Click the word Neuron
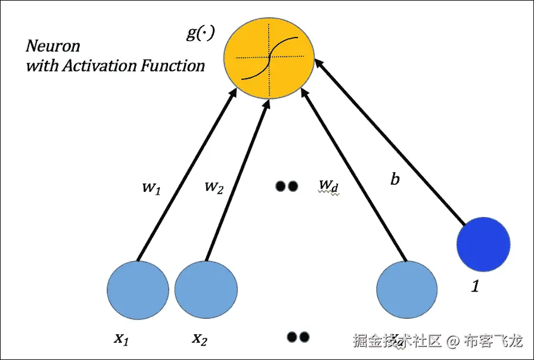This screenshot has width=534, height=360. click(53, 46)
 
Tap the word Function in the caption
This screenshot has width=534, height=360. click(173, 65)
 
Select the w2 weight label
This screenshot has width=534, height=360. click(214, 187)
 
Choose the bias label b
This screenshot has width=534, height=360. click(395, 179)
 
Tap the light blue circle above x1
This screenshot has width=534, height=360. click(138, 290)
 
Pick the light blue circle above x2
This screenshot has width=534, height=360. click(206, 290)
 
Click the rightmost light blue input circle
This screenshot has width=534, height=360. click(407, 290)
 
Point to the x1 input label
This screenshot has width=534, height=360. click(122, 339)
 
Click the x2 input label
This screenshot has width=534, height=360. click(200, 339)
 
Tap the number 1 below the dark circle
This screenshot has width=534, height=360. click(475, 287)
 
